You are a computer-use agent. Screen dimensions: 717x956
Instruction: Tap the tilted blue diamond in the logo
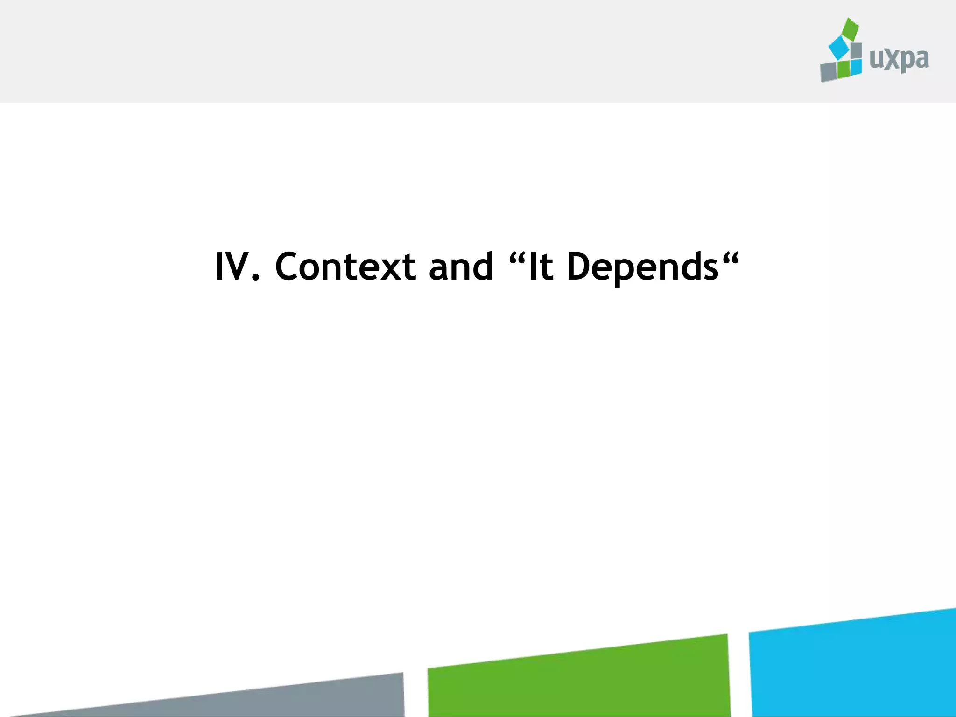point(838,48)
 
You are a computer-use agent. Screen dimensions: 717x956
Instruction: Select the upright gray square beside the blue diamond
point(856,50)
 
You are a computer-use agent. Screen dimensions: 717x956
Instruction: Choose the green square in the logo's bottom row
point(844,70)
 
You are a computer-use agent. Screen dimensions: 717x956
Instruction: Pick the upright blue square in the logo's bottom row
point(856,67)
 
